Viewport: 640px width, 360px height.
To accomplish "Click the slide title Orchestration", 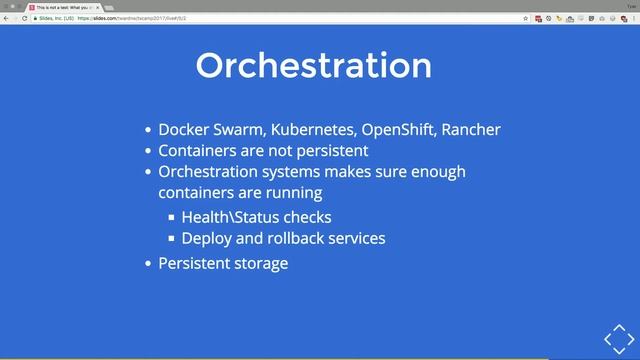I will [x=314, y=65].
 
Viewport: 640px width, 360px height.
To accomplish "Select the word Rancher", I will [x=471, y=130].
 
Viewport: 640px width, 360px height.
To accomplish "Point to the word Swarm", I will [x=237, y=130].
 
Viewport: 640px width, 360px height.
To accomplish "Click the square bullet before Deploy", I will [x=172, y=239].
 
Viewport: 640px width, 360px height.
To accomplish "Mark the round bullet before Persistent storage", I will [x=149, y=264].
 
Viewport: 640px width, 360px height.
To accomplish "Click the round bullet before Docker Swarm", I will [x=149, y=131].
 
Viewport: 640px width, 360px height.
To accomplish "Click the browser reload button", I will [x=24, y=18].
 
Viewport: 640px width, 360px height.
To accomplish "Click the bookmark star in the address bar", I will [x=525, y=18].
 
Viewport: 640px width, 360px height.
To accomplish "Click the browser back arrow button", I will [x=6, y=18].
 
